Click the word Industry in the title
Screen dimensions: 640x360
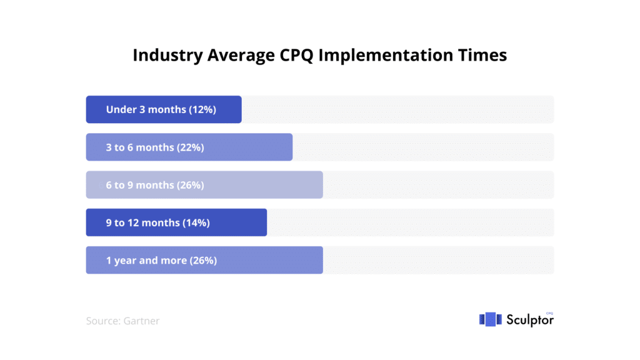click(x=167, y=56)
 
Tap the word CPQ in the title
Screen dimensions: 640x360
click(x=296, y=56)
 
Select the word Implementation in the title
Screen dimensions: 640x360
click(x=386, y=56)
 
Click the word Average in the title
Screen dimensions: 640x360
click(x=241, y=56)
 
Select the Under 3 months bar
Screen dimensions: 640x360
click(x=164, y=109)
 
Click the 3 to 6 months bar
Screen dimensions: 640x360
click(x=189, y=147)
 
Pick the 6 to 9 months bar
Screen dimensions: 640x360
click(x=204, y=185)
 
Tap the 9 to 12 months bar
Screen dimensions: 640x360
click(x=176, y=222)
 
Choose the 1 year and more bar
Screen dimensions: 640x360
click(x=204, y=260)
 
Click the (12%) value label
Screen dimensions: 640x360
click(x=202, y=110)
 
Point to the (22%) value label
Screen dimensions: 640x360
click(x=191, y=147)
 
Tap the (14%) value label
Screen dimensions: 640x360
click(x=196, y=223)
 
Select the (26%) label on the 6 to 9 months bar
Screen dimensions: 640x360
click(x=191, y=185)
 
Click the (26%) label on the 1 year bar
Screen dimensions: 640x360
click(x=203, y=261)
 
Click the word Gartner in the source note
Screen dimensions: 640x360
click(x=141, y=321)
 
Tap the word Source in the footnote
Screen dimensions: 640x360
click(x=103, y=321)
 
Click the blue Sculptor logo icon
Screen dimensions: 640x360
click(x=490, y=319)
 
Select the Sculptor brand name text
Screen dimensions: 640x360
click(x=530, y=320)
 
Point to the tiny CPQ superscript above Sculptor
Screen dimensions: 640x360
click(x=549, y=314)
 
